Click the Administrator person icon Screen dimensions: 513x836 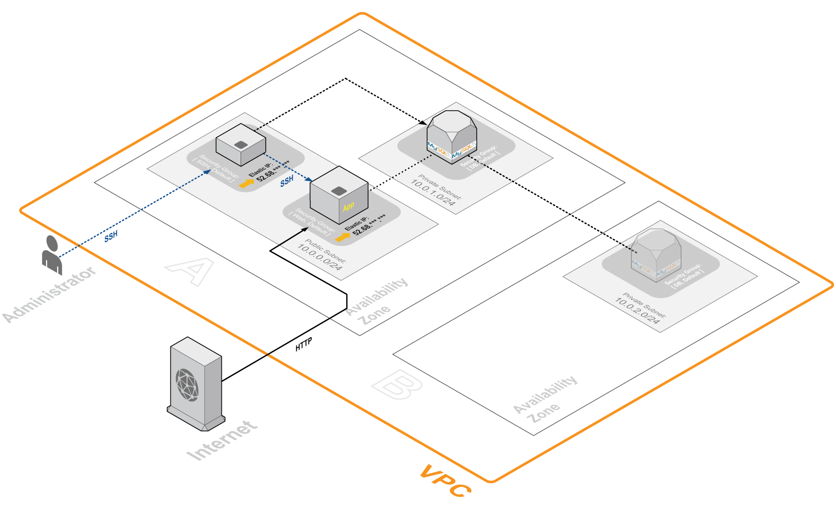tap(52, 254)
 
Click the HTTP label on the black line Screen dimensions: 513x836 tap(304, 344)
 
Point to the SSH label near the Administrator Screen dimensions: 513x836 tap(111, 236)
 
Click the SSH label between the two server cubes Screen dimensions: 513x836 tap(287, 181)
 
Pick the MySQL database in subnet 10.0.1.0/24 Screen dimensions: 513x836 tap(451, 136)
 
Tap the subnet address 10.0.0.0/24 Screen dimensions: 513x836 tap(319, 257)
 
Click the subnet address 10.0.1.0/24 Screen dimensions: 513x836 tap(433, 192)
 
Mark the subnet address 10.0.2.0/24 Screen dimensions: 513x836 tap(637, 310)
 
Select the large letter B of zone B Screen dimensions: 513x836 tap(397, 385)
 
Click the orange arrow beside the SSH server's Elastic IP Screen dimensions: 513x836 tap(247, 183)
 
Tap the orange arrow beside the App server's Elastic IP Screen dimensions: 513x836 tap(342, 236)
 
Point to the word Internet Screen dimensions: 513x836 tap(222, 440)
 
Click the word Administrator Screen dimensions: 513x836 tap(50, 294)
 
